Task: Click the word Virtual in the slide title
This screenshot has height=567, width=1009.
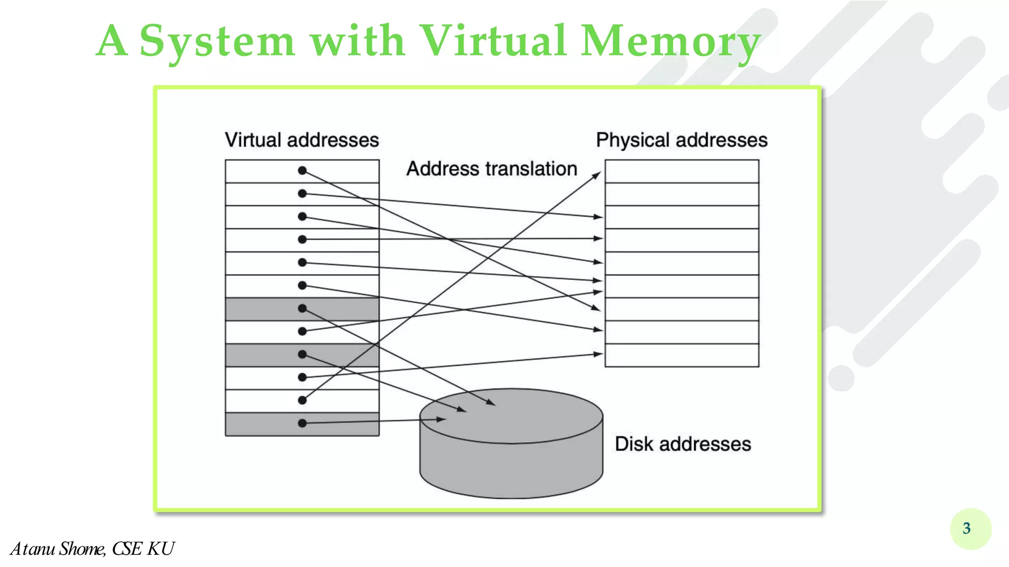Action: [493, 40]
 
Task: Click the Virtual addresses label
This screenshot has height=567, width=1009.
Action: [302, 140]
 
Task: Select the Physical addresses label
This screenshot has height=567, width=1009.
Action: [681, 140]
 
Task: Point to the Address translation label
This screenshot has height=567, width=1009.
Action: [491, 169]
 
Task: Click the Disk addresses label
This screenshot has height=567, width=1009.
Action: [682, 444]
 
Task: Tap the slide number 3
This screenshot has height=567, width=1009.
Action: [967, 528]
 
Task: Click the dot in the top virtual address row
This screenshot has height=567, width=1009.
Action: [303, 170]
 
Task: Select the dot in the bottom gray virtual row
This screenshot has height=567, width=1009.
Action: [303, 423]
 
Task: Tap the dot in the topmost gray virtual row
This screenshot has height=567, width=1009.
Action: [303, 309]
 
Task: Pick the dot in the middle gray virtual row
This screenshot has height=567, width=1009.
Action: [303, 354]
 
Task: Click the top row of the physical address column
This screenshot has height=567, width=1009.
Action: [681, 171]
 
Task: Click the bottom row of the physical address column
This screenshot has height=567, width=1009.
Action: [681, 355]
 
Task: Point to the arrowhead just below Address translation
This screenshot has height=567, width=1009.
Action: [597, 175]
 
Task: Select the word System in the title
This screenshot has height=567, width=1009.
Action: [217, 41]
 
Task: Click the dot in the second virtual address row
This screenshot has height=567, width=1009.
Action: [303, 193]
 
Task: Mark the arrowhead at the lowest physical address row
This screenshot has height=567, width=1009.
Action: [598, 354]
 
